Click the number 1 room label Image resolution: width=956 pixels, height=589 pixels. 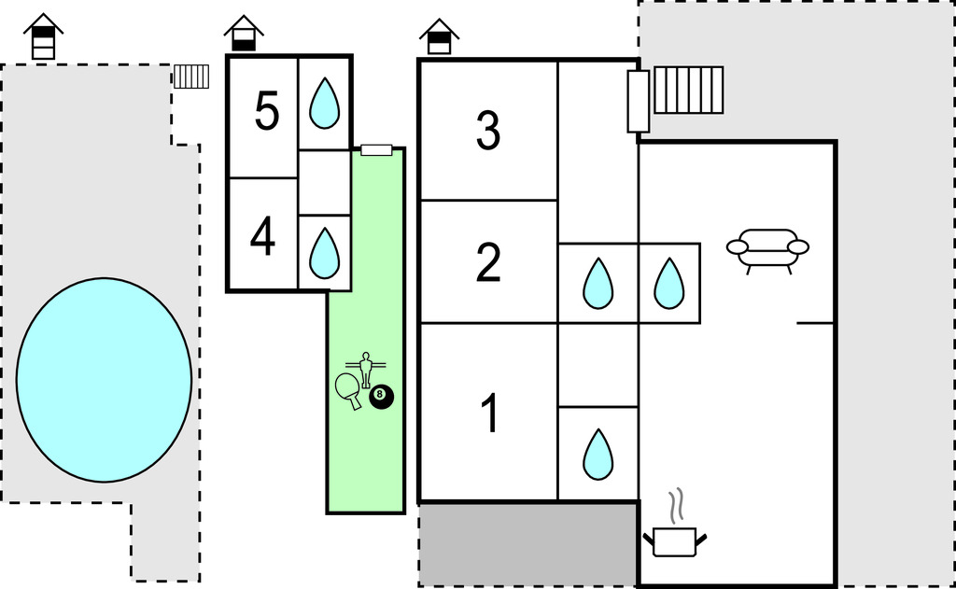tap(488, 414)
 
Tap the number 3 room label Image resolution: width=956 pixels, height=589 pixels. tap(488, 131)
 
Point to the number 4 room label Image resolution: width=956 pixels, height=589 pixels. tap(262, 237)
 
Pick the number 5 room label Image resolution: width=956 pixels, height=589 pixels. tap(266, 113)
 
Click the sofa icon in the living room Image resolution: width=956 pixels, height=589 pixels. tap(767, 248)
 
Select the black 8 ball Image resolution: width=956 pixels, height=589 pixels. tap(382, 397)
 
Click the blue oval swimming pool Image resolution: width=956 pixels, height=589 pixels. tap(105, 380)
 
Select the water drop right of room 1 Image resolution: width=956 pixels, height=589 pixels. tap(597, 454)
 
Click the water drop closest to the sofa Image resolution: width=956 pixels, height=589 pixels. tap(668, 283)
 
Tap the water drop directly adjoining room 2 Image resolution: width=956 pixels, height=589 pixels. tap(597, 283)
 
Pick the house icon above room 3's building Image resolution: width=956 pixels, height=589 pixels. tap(439, 36)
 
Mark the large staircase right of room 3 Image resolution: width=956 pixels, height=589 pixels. tap(688, 90)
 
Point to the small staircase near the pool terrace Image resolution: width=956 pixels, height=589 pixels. tap(191, 77)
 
